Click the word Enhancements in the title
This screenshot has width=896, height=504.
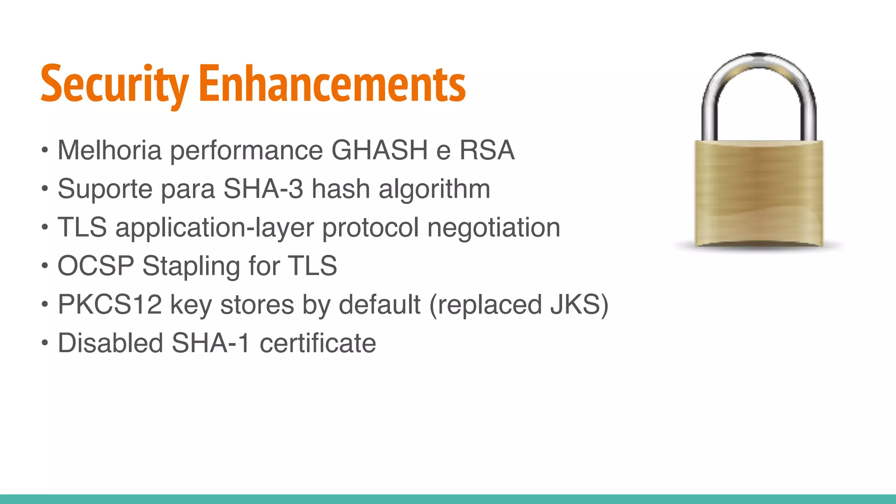pyautogui.click(x=332, y=84)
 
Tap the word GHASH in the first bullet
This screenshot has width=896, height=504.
pyautogui.click(x=379, y=150)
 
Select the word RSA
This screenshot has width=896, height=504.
pyautogui.click(x=486, y=150)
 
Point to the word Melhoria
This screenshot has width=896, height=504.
pyautogui.click(x=110, y=150)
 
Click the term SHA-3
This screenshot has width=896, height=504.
pyautogui.click(x=263, y=189)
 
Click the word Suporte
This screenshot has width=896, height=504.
pyautogui.click(x=105, y=189)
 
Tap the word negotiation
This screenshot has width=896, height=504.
pyautogui.click(x=493, y=227)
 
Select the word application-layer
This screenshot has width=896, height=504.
pyautogui.click(x=215, y=228)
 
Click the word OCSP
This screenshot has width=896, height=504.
pyautogui.click(x=96, y=266)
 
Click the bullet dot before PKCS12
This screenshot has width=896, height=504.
pyautogui.click(x=45, y=304)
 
